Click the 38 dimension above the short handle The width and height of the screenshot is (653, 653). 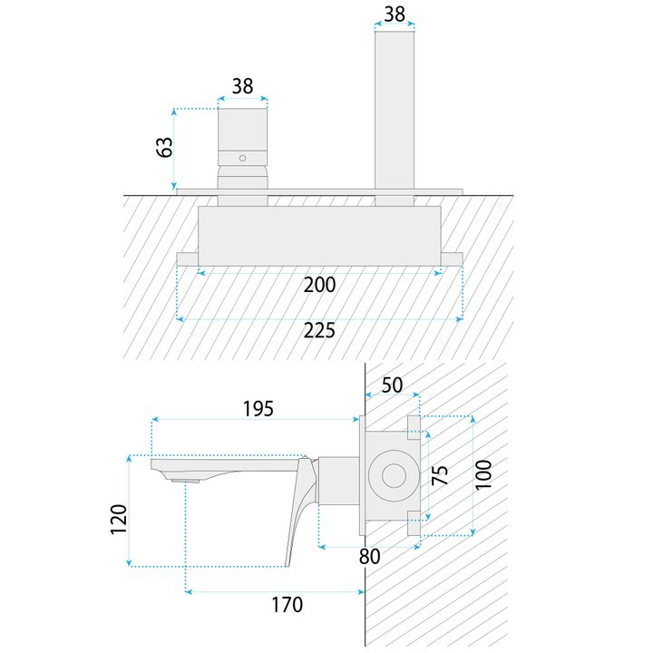click(x=242, y=86)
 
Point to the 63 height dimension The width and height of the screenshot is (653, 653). click(x=164, y=146)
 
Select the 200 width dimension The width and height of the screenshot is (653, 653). click(x=320, y=285)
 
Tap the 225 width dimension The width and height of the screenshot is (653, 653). click(x=319, y=330)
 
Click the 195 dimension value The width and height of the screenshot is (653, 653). click(x=258, y=408)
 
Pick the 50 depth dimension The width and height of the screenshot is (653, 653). click(x=392, y=385)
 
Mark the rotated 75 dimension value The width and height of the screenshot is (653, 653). click(x=440, y=475)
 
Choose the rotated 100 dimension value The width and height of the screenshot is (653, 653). click(x=483, y=474)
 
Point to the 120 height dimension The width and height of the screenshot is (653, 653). click(x=119, y=520)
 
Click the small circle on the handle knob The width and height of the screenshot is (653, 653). click(x=242, y=158)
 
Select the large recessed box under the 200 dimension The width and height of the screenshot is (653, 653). click(x=320, y=235)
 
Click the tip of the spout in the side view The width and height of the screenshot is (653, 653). click(x=156, y=463)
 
